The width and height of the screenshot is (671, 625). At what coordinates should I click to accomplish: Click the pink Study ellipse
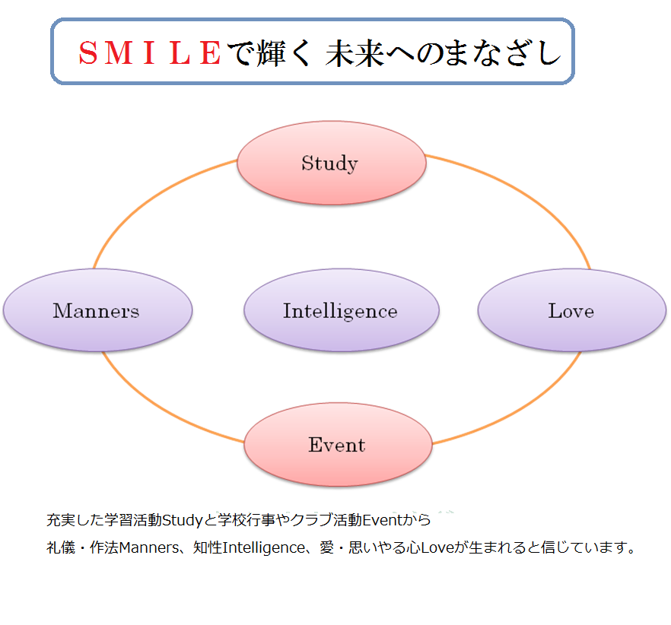[332, 163]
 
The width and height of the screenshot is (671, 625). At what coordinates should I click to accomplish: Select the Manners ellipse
[97, 310]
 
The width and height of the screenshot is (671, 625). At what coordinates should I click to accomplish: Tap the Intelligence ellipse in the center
[342, 310]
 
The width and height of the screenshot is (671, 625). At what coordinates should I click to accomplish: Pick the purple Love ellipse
[572, 310]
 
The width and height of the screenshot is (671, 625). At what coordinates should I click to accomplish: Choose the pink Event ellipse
[338, 445]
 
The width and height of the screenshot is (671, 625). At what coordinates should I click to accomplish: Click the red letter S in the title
[88, 53]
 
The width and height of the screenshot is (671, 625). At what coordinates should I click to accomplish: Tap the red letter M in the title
[118, 53]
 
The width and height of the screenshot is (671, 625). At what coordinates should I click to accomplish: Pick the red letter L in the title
[180, 53]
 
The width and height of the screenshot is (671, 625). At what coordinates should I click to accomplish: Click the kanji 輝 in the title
[272, 53]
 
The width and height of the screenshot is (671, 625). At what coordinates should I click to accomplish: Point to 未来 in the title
[355, 53]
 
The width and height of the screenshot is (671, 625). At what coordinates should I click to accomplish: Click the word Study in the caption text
[183, 520]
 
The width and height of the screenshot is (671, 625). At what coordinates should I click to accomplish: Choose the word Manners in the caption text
[150, 547]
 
